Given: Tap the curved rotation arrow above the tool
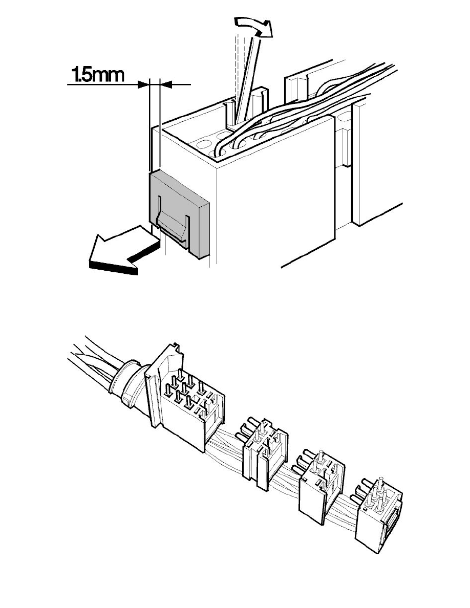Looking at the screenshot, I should [x=253, y=26].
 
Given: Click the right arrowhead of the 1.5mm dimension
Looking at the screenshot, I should [x=166, y=84].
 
